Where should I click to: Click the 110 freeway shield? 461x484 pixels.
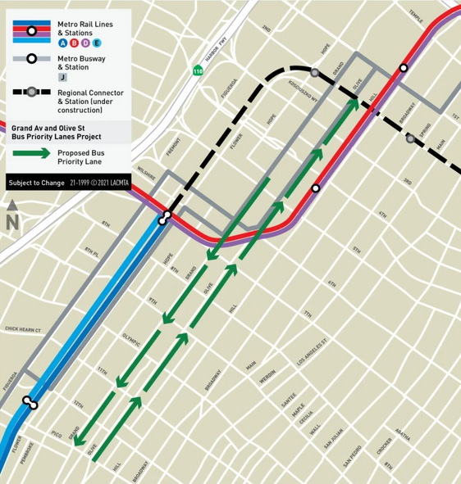point(198,70)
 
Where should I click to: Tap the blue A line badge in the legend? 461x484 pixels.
point(63,43)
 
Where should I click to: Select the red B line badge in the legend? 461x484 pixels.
point(75,43)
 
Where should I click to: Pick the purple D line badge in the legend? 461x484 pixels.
point(86,43)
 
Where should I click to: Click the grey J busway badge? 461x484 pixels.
point(62,77)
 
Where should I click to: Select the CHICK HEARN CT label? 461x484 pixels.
point(23,329)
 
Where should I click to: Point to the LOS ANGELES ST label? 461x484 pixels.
point(311,351)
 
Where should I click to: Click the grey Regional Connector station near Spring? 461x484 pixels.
point(410,138)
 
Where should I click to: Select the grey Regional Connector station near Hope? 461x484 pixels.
point(314,71)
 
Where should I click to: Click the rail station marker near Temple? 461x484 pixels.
point(404,68)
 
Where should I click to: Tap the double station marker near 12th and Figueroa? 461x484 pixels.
point(30,403)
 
